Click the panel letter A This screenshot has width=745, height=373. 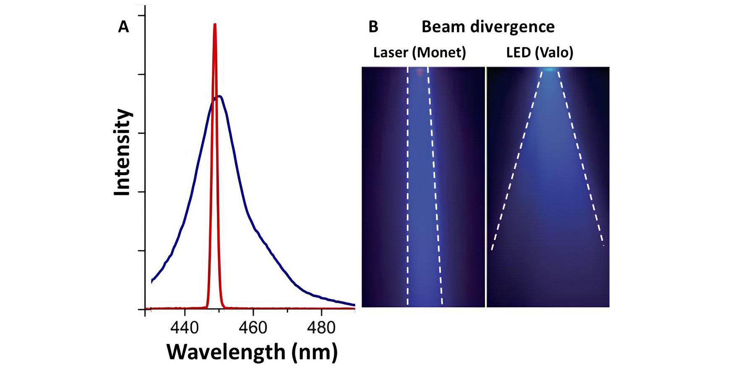point(123,27)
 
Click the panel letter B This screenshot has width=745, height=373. point(373,27)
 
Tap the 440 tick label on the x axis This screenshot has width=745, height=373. point(184,328)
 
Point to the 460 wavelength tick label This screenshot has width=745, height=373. point(253,328)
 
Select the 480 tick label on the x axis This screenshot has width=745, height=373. point(321,328)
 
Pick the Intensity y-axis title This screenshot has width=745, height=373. point(123,152)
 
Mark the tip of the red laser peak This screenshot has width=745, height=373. point(215,24)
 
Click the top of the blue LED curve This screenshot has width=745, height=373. point(218,97)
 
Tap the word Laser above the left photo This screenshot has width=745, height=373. point(391,53)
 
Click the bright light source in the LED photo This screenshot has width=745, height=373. point(549,69)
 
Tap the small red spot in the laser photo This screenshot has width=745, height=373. point(419,72)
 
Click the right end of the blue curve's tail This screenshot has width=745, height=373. point(354,305)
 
